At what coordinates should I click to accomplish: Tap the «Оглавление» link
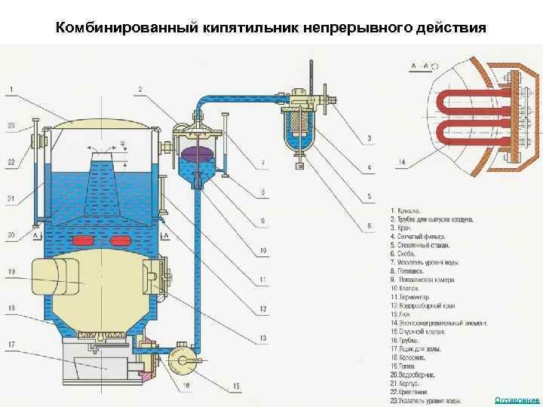pos(517,399)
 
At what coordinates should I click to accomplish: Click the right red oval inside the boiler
pos(119,240)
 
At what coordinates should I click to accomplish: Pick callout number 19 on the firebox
pos(11,271)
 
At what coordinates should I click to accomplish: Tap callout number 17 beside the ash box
pos(11,344)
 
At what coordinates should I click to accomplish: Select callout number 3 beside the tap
pos(370,138)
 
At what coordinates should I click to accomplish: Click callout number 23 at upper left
pos(11,125)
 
